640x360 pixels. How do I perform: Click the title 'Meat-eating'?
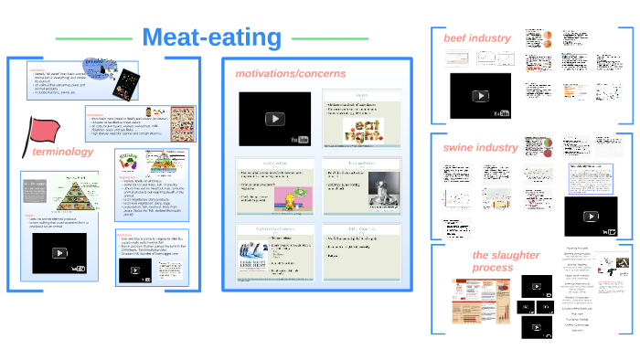tap(212, 37)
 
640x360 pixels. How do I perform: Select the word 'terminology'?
tap(62, 151)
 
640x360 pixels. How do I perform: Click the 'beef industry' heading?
tap(476, 38)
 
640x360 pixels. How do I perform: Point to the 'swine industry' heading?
tap(480, 146)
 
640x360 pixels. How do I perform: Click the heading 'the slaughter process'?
tap(506, 261)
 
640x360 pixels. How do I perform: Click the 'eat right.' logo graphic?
tap(362, 129)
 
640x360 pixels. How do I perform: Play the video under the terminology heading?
tap(59, 255)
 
